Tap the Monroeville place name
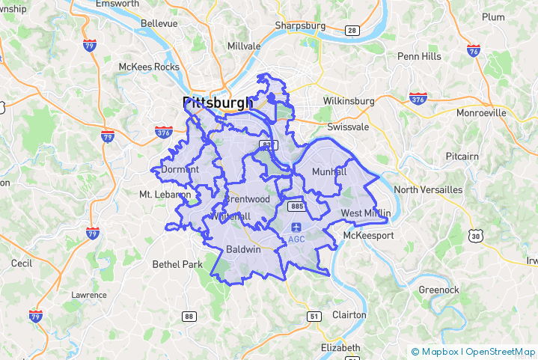481,112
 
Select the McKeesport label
367,236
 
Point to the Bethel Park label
177,264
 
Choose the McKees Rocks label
149,67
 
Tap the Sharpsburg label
300,25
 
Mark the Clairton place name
349,315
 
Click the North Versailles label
428,189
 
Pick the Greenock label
438,288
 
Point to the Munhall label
329,171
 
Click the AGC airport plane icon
296,226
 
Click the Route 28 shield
352,30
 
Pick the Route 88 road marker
189,317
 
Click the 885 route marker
297,206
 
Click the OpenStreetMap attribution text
501,352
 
